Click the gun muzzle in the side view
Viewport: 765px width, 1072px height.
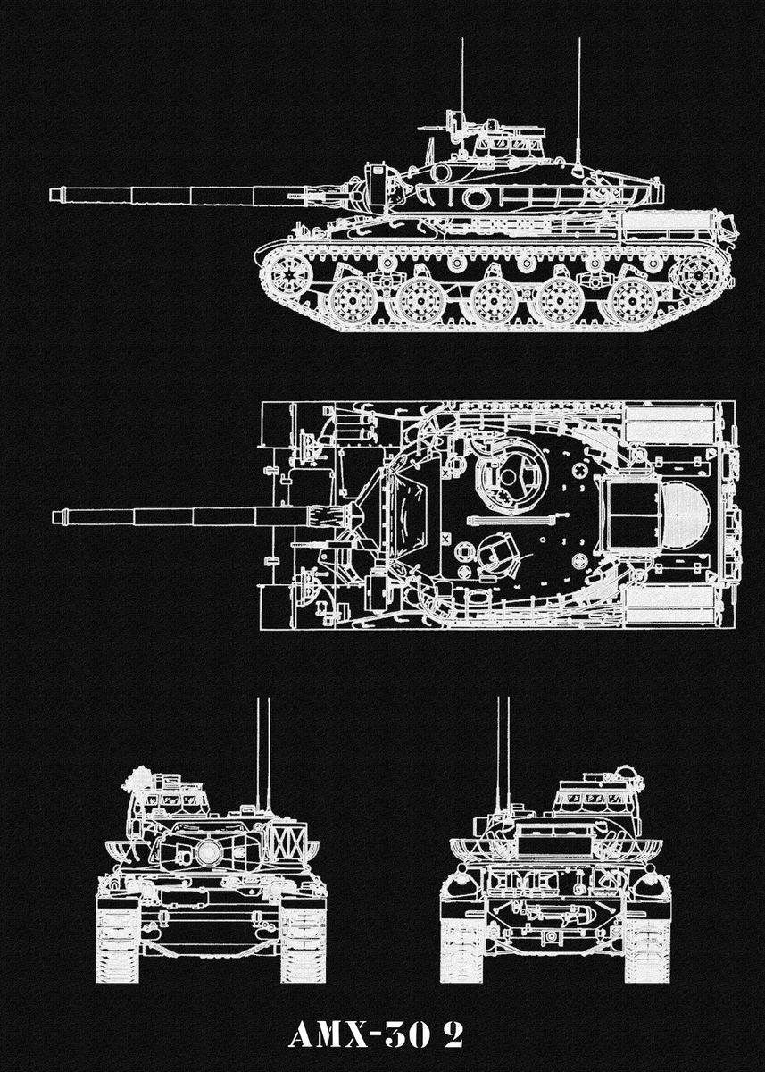pos(55,194)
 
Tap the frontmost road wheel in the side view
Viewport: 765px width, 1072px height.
pos(353,301)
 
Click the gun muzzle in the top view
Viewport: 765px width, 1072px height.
pos(58,516)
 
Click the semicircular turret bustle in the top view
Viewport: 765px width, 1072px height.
pos(684,515)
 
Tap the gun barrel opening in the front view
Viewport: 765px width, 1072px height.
pos(208,851)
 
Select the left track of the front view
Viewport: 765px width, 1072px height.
pos(118,938)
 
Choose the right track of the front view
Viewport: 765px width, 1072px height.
pos(303,938)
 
